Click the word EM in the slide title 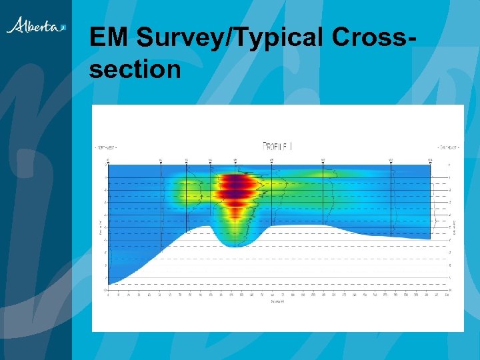click(x=109, y=39)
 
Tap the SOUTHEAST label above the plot click(x=447, y=147)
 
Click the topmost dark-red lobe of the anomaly click(x=235, y=179)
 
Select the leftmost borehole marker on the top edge click(x=108, y=161)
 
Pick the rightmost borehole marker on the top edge click(x=430, y=161)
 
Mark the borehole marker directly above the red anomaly click(x=235, y=161)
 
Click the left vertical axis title click(x=99, y=227)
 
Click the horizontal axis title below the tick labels click(x=277, y=301)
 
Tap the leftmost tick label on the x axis click(x=108, y=294)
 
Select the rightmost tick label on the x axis click(x=446, y=294)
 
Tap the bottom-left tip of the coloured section click(x=109, y=283)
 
